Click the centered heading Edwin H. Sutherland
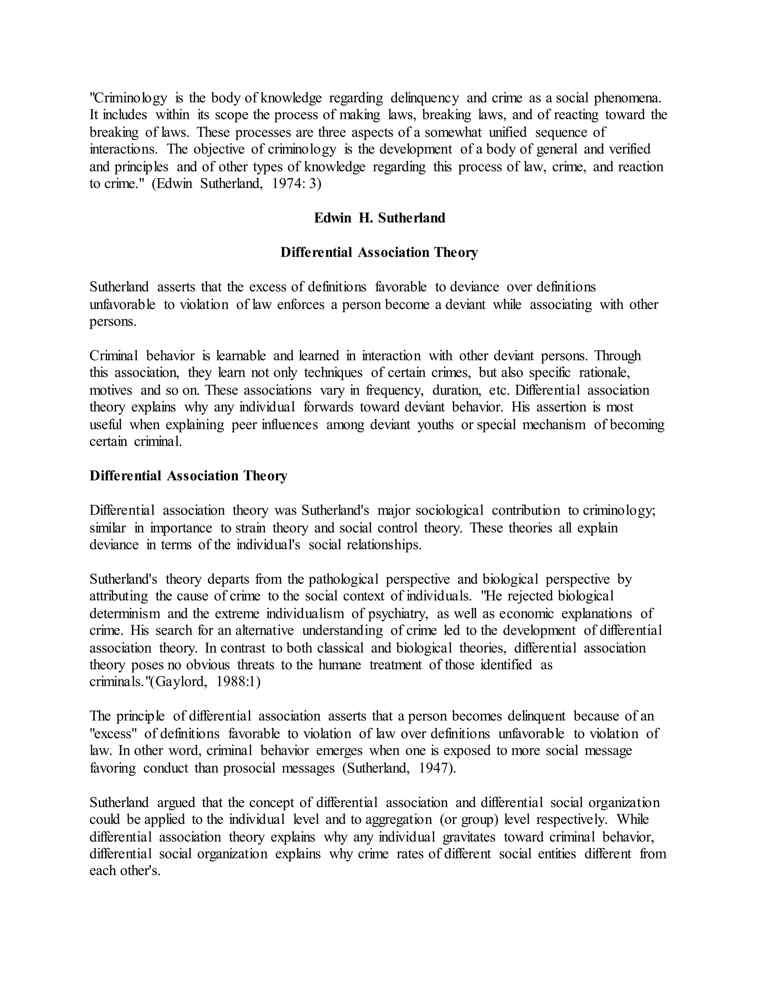(x=379, y=218)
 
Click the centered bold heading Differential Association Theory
(x=379, y=253)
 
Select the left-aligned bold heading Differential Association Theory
(x=188, y=476)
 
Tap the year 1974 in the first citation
(x=289, y=184)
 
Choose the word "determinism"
(x=125, y=613)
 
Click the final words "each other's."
(x=125, y=871)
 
